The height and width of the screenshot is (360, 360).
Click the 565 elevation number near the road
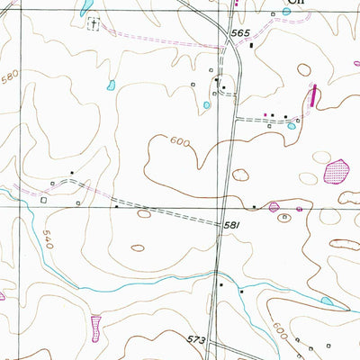click(238, 32)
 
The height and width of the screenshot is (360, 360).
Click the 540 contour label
click(45, 237)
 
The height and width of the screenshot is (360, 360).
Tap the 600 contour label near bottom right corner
click(282, 331)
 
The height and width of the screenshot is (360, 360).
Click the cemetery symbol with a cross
click(92, 23)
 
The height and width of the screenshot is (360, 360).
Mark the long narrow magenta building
click(314, 95)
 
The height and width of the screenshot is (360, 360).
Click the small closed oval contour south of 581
click(137, 247)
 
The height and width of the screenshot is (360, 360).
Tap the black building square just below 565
click(251, 45)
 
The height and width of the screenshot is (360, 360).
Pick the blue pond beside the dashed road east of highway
click(292, 126)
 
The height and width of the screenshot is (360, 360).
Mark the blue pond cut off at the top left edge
click(85, 7)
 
